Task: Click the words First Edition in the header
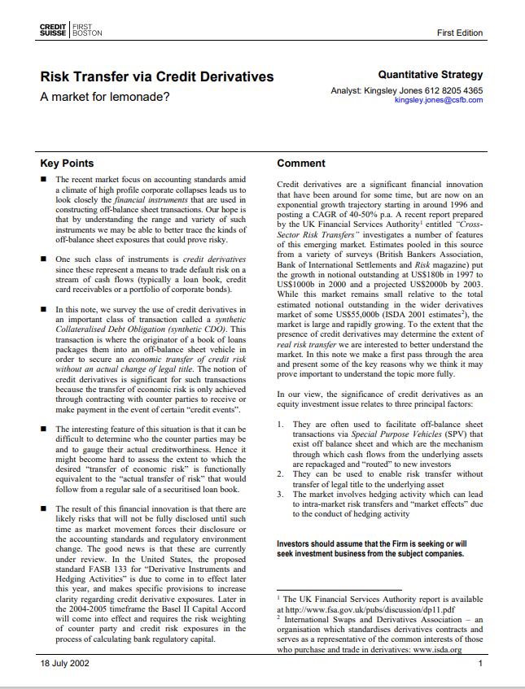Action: click(460, 33)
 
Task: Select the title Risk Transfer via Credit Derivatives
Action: click(157, 77)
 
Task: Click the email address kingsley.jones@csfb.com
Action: click(438, 100)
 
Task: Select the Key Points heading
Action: click(67, 163)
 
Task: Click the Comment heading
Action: click(301, 163)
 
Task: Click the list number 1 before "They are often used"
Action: click(280, 425)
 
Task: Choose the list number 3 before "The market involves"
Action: click(280, 494)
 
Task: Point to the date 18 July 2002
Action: click(65, 664)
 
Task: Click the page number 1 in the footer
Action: click(480, 664)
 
